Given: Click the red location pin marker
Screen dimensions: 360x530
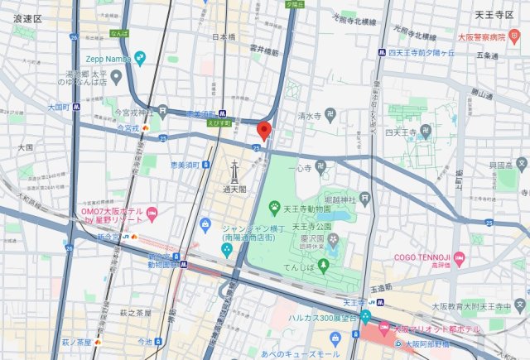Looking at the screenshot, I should click(264, 131).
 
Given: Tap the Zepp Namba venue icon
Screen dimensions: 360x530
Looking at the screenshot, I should click(141, 58).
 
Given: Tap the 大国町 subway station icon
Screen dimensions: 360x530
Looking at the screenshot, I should click(76, 107).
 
